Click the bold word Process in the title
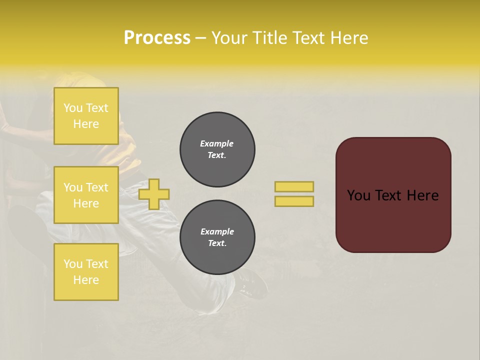coord(157,38)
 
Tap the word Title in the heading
coord(270,38)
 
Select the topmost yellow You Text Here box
coord(86,116)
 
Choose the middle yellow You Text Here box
coord(86,195)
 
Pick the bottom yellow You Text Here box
coord(86,271)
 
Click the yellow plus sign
coord(154,194)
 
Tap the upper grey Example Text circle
coord(217,149)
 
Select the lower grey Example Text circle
coord(217,237)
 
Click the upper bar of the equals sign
coord(294,186)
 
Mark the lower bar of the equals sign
coord(294,201)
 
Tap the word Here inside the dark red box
coord(422,195)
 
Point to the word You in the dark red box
coord(358,195)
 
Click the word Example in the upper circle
coord(217,143)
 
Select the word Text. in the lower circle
coord(217,243)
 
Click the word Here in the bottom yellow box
coord(86,280)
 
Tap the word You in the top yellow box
coord(73,108)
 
